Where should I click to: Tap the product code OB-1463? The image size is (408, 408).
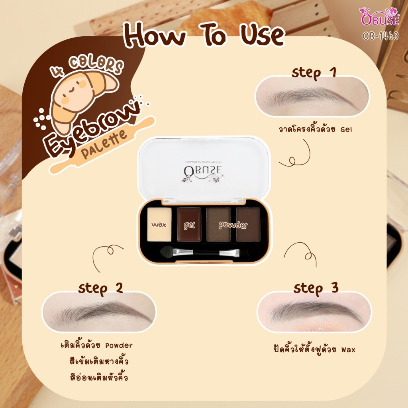point(380,36)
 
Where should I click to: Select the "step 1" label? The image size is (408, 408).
point(314,73)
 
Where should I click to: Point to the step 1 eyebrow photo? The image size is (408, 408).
point(312,96)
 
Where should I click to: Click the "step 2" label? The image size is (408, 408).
point(100,288)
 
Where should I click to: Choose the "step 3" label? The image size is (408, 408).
point(314,288)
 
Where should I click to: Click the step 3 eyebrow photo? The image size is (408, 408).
point(314,312)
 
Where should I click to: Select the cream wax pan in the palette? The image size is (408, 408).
point(159,224)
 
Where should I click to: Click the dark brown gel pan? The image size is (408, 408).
point(188,224)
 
